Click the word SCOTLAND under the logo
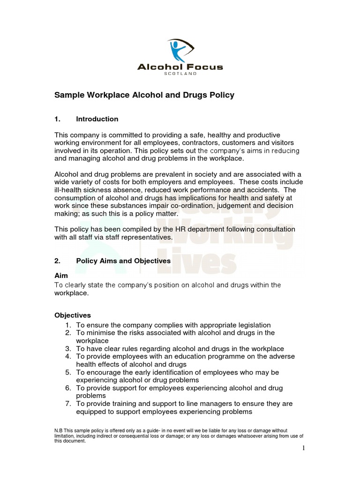pos(180,74)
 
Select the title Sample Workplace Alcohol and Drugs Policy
pos(144,95)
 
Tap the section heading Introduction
pos(97,119)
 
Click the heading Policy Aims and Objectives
pos(123,261)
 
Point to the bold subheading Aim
pos(61,277)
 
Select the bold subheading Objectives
pos(73,315)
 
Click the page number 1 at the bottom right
pos(303,448)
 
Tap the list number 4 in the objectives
pos(68,357)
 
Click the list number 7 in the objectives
pos(68,404)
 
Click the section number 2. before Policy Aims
pos(58,261)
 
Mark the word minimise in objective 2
pos(99,333)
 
